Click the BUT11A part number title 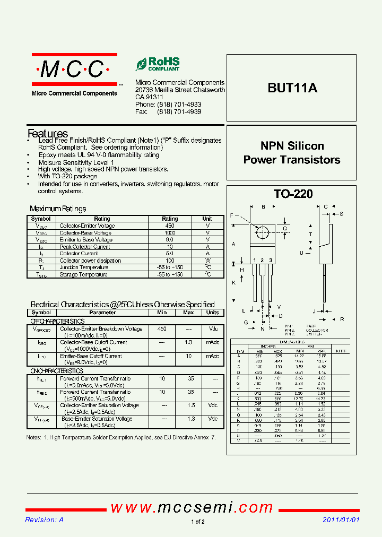click(x=292, y=88)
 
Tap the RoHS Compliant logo click(x=158, y=64)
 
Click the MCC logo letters click(x=74, y=69)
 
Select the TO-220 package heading click(x=293, y=194)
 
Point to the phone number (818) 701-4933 click(x=179, y=105)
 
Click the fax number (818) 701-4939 click(x=179, y=112)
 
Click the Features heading click(x=48, y=134)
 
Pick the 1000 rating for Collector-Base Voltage click(x=170, y=232)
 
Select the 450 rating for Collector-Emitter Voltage click(x=170, y=226)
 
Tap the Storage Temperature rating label click(x=83, y=274)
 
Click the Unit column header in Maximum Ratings click(x=207, y=219)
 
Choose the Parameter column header click(x=102, y=313)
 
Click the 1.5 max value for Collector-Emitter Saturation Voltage click(x=188, y=405)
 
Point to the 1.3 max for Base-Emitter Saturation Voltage click(x=188, y=419)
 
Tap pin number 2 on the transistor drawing click(x=262, y=260)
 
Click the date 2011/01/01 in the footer click(x=341, y=520)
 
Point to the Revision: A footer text click(x=45, y=520)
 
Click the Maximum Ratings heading click(x=58, y=209)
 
